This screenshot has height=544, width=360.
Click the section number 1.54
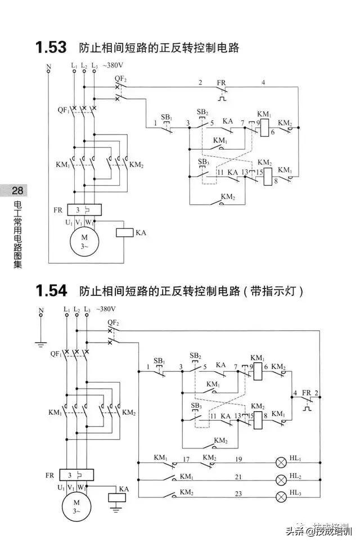[x=51, y=291]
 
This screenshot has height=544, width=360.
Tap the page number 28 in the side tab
[x=17, y=191]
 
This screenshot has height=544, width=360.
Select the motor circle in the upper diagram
[x=84, y=241]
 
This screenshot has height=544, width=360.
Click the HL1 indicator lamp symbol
[x=281, y=462]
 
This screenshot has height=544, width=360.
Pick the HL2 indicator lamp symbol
[x=281, y=479]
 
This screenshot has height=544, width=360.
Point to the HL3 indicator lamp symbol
[x=281, y=496]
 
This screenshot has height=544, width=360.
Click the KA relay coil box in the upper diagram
[x=124, y=232]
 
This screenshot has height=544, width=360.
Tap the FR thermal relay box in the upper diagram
[x=84, y=210]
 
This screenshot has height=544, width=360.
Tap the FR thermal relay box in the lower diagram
[x=76, y=475]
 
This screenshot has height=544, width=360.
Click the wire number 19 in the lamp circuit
[x=238, y=460]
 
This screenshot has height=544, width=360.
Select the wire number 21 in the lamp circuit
[x=238, y=476]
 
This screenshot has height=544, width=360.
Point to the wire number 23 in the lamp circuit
[x=238, y=493]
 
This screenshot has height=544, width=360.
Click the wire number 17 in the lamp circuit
[x=186, y=460]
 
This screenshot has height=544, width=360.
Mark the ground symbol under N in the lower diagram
[x=40, y=341]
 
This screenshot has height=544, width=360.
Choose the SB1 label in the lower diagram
[x=159, y=360]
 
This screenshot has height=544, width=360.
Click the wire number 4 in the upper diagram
[x=263, y=83]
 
